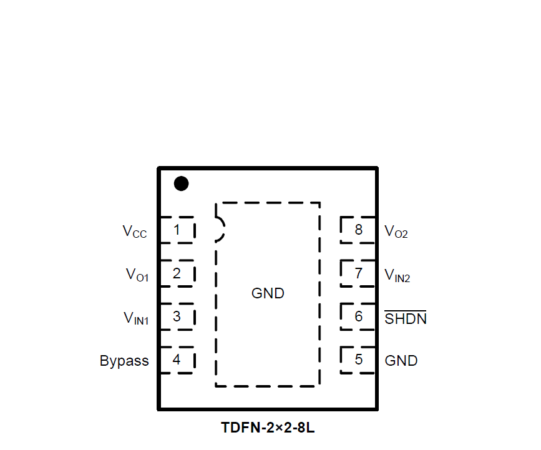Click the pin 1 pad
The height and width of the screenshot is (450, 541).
pos(177,230)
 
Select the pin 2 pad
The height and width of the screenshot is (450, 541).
pos(177,273)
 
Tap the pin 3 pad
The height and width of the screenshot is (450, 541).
pos(177,316)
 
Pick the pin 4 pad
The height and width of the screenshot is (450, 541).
pos(177,360)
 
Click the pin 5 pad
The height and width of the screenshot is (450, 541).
pos(358,360)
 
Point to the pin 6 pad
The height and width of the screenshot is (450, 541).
pos(358,316)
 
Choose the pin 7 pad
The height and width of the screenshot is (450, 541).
pos(358,273)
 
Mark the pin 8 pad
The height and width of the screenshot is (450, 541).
pos(358,230)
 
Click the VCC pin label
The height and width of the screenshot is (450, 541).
pos(135,232)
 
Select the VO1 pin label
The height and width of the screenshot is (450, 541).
pos(137,275)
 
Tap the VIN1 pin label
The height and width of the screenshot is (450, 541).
pos(135,318)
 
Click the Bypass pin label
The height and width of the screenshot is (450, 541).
pos(124,361)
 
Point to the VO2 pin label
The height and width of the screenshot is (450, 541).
pos(396,232)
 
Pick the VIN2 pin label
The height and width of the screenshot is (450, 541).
pos(397,275)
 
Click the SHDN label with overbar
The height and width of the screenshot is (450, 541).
pos(406,318)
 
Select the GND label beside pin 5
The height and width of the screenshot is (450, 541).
pos(401,361)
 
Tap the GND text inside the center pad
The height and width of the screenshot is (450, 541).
pos(268,293)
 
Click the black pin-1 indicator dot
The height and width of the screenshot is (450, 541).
pos(181,183)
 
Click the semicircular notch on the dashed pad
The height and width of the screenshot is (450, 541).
pos(220,229)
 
